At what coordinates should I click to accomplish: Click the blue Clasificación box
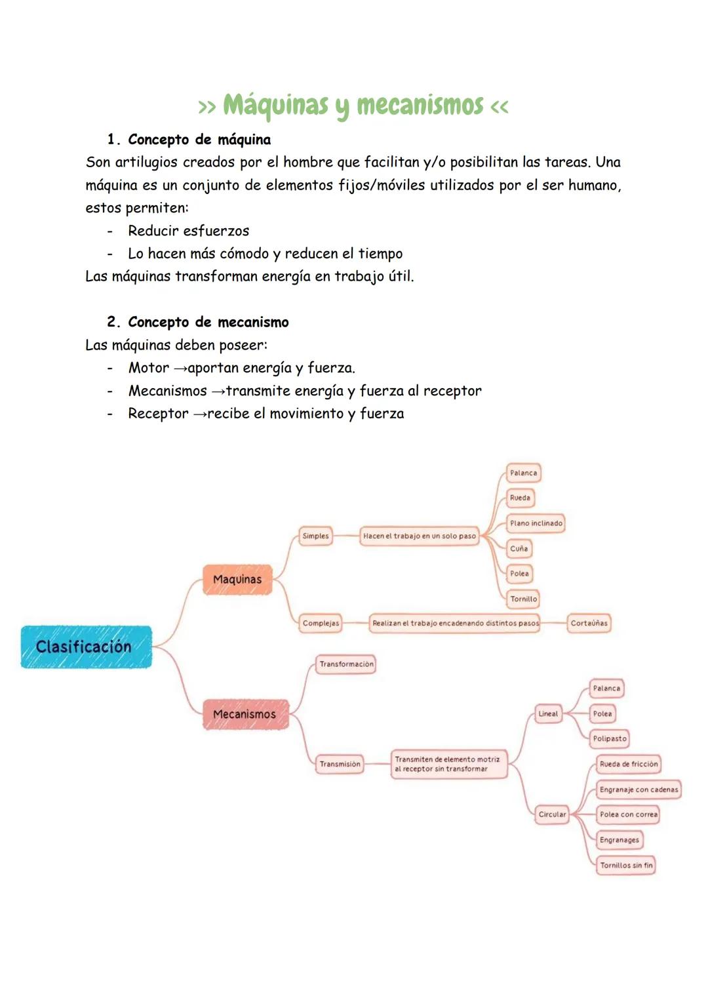tap(86, 647)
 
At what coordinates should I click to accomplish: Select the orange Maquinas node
tap(237, 580)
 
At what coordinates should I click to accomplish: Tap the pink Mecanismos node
tap(245, 714)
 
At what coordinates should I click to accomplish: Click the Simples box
tap(315, 536)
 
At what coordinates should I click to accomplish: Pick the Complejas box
tap(321, 623)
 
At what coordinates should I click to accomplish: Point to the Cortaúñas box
tap(589, 623)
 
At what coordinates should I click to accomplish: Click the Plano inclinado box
tap(536, 523)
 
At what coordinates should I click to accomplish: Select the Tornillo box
tap(523, 599)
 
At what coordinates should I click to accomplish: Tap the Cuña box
tap(519, 548)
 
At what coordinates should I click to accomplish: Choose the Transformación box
tap(346, 664)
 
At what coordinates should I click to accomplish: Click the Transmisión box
tap(340, 764)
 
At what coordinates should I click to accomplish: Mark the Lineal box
tap(548, 713)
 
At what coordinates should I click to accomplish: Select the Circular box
tap(552, 814)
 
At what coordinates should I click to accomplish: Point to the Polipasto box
tap(610, 738)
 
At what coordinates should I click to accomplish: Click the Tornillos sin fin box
tap(626, 865)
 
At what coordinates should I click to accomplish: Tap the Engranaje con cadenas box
tap(639, 790)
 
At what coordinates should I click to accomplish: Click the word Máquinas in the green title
tap(275, 106)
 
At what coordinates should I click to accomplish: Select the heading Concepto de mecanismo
tap(208, 322)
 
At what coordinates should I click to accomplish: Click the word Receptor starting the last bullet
tap(158, 414)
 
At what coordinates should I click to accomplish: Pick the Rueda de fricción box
tap(628, 764)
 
